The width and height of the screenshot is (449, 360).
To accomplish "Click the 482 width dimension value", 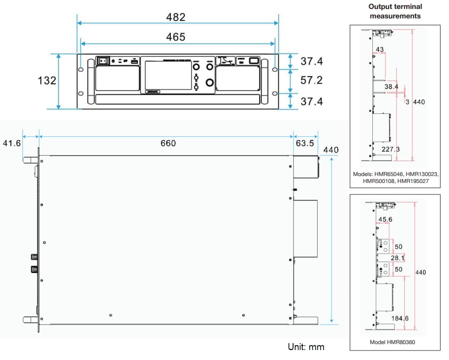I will pos(176,17).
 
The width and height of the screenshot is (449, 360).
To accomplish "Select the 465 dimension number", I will pos(176,37).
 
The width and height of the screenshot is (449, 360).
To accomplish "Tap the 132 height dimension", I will pos(47,81).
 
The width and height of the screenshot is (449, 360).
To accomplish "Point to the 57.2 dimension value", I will pos(312,81).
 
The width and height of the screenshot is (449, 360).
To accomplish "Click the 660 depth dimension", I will pos(168,143).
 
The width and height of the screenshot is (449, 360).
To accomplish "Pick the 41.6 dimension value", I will pos(12,143).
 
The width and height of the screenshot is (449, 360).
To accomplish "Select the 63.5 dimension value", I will pos(305,143).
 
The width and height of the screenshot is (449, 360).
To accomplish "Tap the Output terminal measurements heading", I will pos(395,11).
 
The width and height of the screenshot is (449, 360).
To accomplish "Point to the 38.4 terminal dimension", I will pos(392,87).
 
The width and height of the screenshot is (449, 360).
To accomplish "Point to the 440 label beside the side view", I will pos(331,150).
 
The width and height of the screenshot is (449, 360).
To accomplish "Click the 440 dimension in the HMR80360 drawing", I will pos(421,272).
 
